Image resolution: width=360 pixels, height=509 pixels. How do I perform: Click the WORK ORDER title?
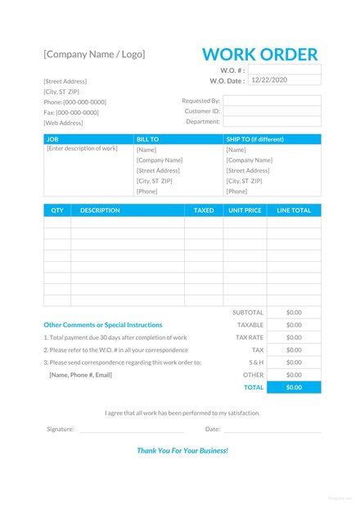coord(259,55)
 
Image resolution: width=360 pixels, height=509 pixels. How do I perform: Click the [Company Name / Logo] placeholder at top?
coord(94,54)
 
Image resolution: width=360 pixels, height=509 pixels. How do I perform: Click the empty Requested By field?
coord(272,101)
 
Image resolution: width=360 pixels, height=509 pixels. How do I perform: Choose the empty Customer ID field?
coord(272,111)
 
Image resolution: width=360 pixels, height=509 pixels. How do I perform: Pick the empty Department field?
coord(272,122)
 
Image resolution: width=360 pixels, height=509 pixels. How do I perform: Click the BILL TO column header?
coord(148,140)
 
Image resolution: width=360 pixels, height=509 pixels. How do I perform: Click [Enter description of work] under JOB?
coord(83,149)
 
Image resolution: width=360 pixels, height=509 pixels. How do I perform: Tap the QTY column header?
coord(57,210)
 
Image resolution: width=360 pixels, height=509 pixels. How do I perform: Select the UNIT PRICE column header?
coord(245,210)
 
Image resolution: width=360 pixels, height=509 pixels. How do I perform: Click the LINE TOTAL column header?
coord(294,210)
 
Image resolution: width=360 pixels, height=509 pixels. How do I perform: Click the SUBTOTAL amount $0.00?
coord(294,313)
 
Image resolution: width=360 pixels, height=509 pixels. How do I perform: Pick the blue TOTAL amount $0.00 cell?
coord(294,387)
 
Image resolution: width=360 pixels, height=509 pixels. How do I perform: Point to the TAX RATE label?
coord(250,337)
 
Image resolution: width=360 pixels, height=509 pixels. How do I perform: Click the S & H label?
coord(256,362)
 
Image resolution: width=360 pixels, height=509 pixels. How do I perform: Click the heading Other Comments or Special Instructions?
coord(103,325)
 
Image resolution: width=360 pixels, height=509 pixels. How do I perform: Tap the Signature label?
coord(61,429)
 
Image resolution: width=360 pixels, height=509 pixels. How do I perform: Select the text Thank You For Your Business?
coord(182,451)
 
